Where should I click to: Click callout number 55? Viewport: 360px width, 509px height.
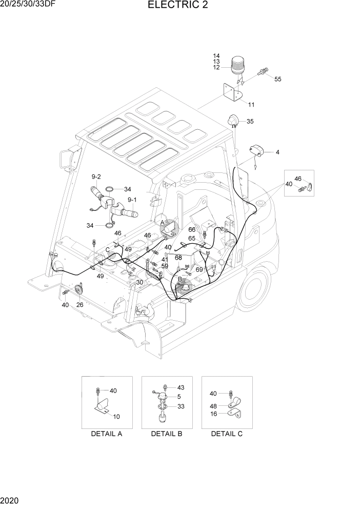(278, 79)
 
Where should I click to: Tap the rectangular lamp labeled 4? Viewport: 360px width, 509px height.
(256, 151)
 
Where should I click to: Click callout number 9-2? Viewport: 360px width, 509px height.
(96, 177)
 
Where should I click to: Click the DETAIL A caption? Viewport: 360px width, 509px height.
(106, 434)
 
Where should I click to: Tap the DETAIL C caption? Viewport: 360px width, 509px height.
(227, 434)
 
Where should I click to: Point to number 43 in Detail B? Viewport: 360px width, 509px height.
(180, 387)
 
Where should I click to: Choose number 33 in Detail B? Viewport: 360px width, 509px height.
(180, 406)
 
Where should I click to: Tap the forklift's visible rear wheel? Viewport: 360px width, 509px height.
(255, 287)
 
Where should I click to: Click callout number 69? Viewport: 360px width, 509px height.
(199, 269)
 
